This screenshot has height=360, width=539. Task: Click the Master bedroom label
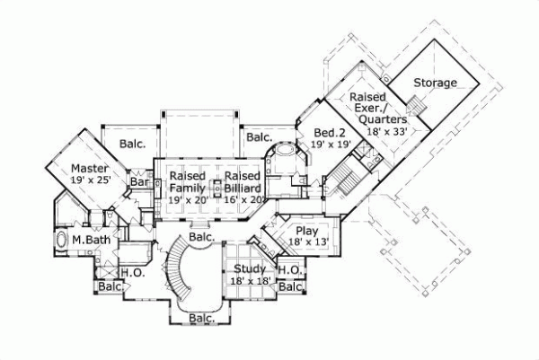point(90,168)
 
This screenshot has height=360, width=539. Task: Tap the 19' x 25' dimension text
point(91,180)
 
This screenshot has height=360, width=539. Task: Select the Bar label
point(139,181)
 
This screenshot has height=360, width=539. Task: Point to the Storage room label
point(435,83)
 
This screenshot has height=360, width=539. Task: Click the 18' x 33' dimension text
point(388,131)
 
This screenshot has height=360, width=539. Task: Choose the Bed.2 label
point(330,131)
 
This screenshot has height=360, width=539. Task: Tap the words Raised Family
point(188,182)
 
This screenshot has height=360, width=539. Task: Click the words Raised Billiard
point(243,182)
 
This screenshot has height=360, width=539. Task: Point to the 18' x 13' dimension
point(303,241)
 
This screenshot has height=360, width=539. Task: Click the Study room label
point(247,269)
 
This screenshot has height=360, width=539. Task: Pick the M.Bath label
point(90,240)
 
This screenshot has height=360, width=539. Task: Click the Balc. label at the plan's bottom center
point(201,318)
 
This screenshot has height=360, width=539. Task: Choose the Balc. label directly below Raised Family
point(201,237)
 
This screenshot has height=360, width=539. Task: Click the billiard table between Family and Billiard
point(216,188)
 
